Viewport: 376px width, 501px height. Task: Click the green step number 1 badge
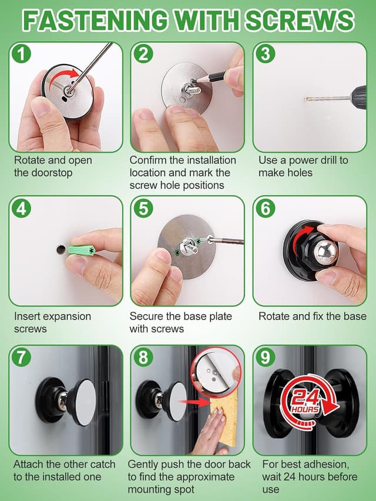point(21,53)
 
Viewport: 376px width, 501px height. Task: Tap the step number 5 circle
point(143,209)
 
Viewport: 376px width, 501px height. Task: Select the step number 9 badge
point(266,357)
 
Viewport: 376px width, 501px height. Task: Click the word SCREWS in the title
point(300,20)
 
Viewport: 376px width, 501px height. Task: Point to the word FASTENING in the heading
point(95,20)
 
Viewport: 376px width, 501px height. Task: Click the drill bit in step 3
point(328,99)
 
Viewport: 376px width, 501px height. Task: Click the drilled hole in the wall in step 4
point(61,250)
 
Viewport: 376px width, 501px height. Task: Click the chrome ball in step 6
point(325,252)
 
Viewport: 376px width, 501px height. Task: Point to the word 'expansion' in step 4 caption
point(67,317)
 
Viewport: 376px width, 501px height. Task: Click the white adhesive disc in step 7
point(86,402)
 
